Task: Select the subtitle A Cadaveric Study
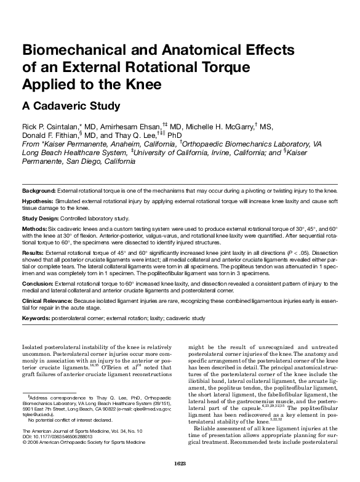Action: (71, 105)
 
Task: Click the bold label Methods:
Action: (36, 228)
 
